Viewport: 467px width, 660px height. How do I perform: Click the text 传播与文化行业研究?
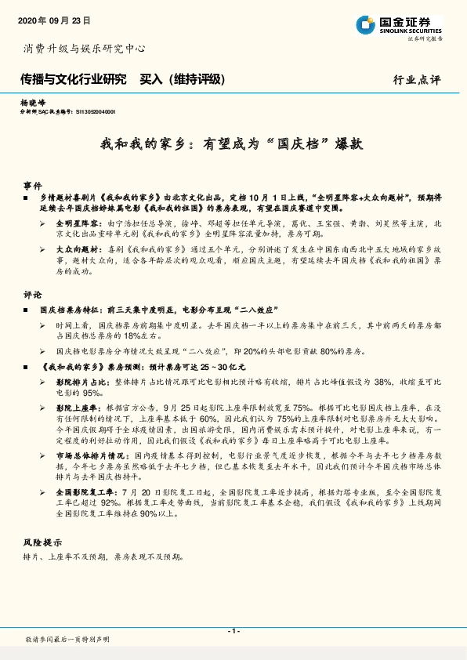tap(73, 79)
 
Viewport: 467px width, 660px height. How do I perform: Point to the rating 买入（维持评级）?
tap(182, 79)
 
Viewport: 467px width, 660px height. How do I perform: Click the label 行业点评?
tap(417, 80)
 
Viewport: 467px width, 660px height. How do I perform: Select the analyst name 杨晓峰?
tap(33, 103)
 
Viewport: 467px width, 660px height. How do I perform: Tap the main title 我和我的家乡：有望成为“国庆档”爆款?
tap(232, 145)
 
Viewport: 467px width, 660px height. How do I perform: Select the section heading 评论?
tap(32, 296)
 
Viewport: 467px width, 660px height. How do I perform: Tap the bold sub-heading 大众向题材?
tap(75, 248)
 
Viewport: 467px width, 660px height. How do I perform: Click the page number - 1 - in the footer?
tap(233, 631)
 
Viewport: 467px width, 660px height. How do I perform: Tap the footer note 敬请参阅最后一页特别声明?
tap(67, 640)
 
